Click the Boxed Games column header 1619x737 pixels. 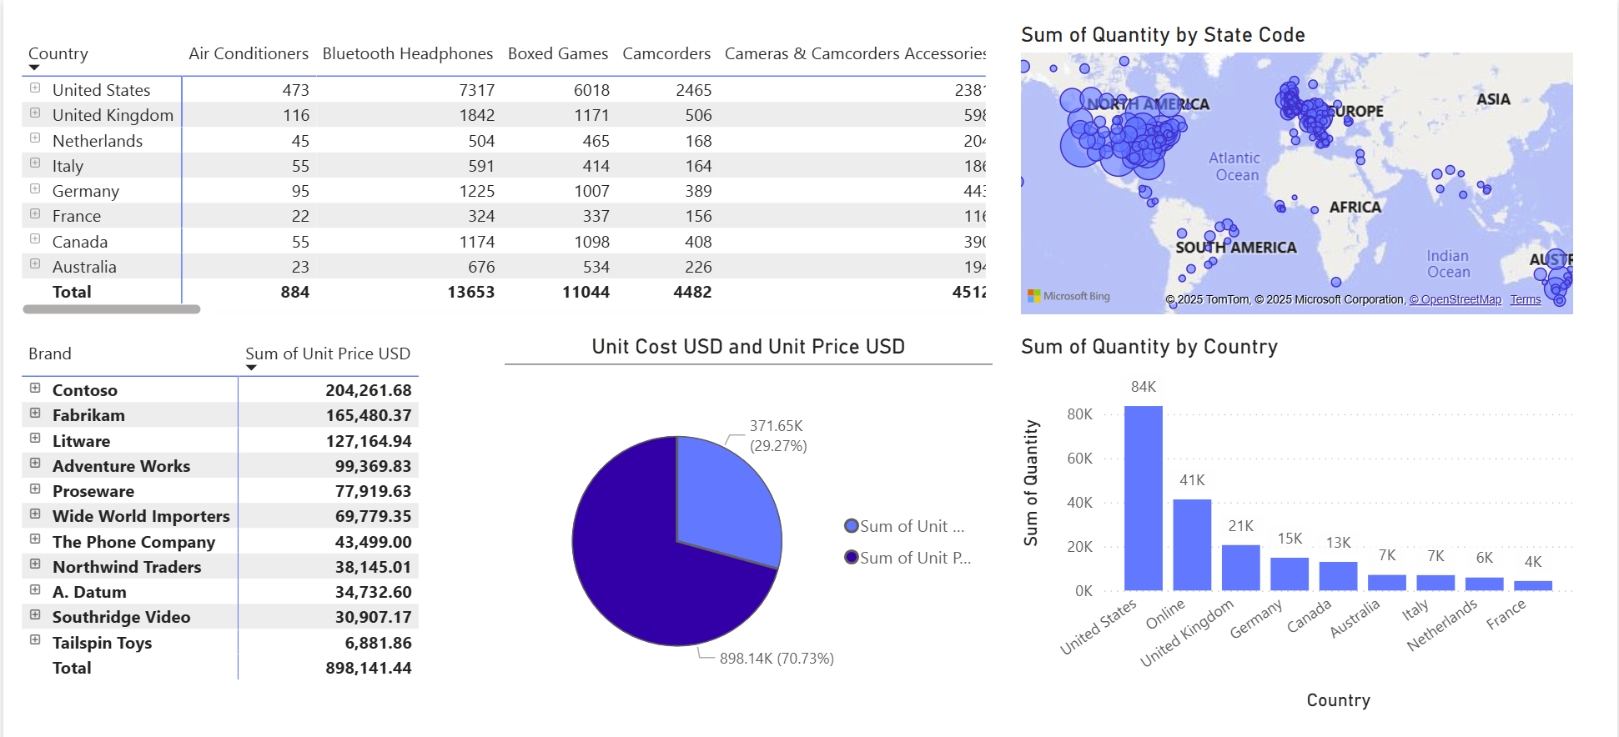(x=557, y=53)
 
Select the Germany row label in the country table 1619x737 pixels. (x=86, y=191)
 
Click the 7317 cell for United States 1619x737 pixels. (x=476, y=90)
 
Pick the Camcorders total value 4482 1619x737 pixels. (x=692, y=292)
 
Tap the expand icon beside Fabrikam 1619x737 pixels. (x=35, y=414)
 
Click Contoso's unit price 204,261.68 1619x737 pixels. (x=368, y=390)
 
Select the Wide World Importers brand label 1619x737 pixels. (x=141, y=516)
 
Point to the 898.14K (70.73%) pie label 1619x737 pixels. (x=777, y=659)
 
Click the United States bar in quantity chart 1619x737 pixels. (x=1143, y=500)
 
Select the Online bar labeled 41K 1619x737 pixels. (x=1192, y=546)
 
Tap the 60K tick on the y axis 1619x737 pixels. (x=1079, y=459)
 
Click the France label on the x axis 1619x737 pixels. (x=1506, y=614)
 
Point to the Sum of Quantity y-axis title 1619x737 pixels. (x=1032, y=483)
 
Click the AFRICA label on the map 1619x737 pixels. (x=1355, y=207)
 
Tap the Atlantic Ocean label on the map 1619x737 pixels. (x=1235, y=167)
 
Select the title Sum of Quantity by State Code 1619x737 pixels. (x=1163, y=35)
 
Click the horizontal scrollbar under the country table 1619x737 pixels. (x=112, y=309)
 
